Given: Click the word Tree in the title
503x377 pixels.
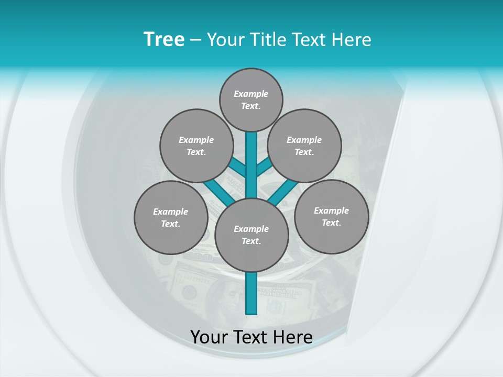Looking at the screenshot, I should pyautogui.click(x=164, y=40).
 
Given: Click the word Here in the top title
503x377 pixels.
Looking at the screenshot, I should pyautogui.click(x=352, y=40).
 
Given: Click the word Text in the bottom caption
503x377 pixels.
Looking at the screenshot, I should pyautogui.click(x=250, y=337).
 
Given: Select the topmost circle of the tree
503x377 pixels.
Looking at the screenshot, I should pyautogui.click(x=251, y=99).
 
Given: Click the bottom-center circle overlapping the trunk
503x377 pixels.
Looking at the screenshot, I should pyautogui.click(x=251, y=235).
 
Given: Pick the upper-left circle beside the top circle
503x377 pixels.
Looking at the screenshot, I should pyautogui.click(x=196, y=146).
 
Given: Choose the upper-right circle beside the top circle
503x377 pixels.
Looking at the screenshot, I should pyautogui.click(x=304, y=146).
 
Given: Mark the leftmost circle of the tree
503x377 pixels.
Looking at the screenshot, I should pyautogui.click(x=171, y=217).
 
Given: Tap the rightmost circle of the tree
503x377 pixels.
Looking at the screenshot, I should pyautogui.click(x=331, y=216).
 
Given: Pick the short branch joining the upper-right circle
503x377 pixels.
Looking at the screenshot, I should pyautogui.click(x=264, y=168).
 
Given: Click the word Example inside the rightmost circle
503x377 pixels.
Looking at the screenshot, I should pyautogui.click(x=331, y=210).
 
